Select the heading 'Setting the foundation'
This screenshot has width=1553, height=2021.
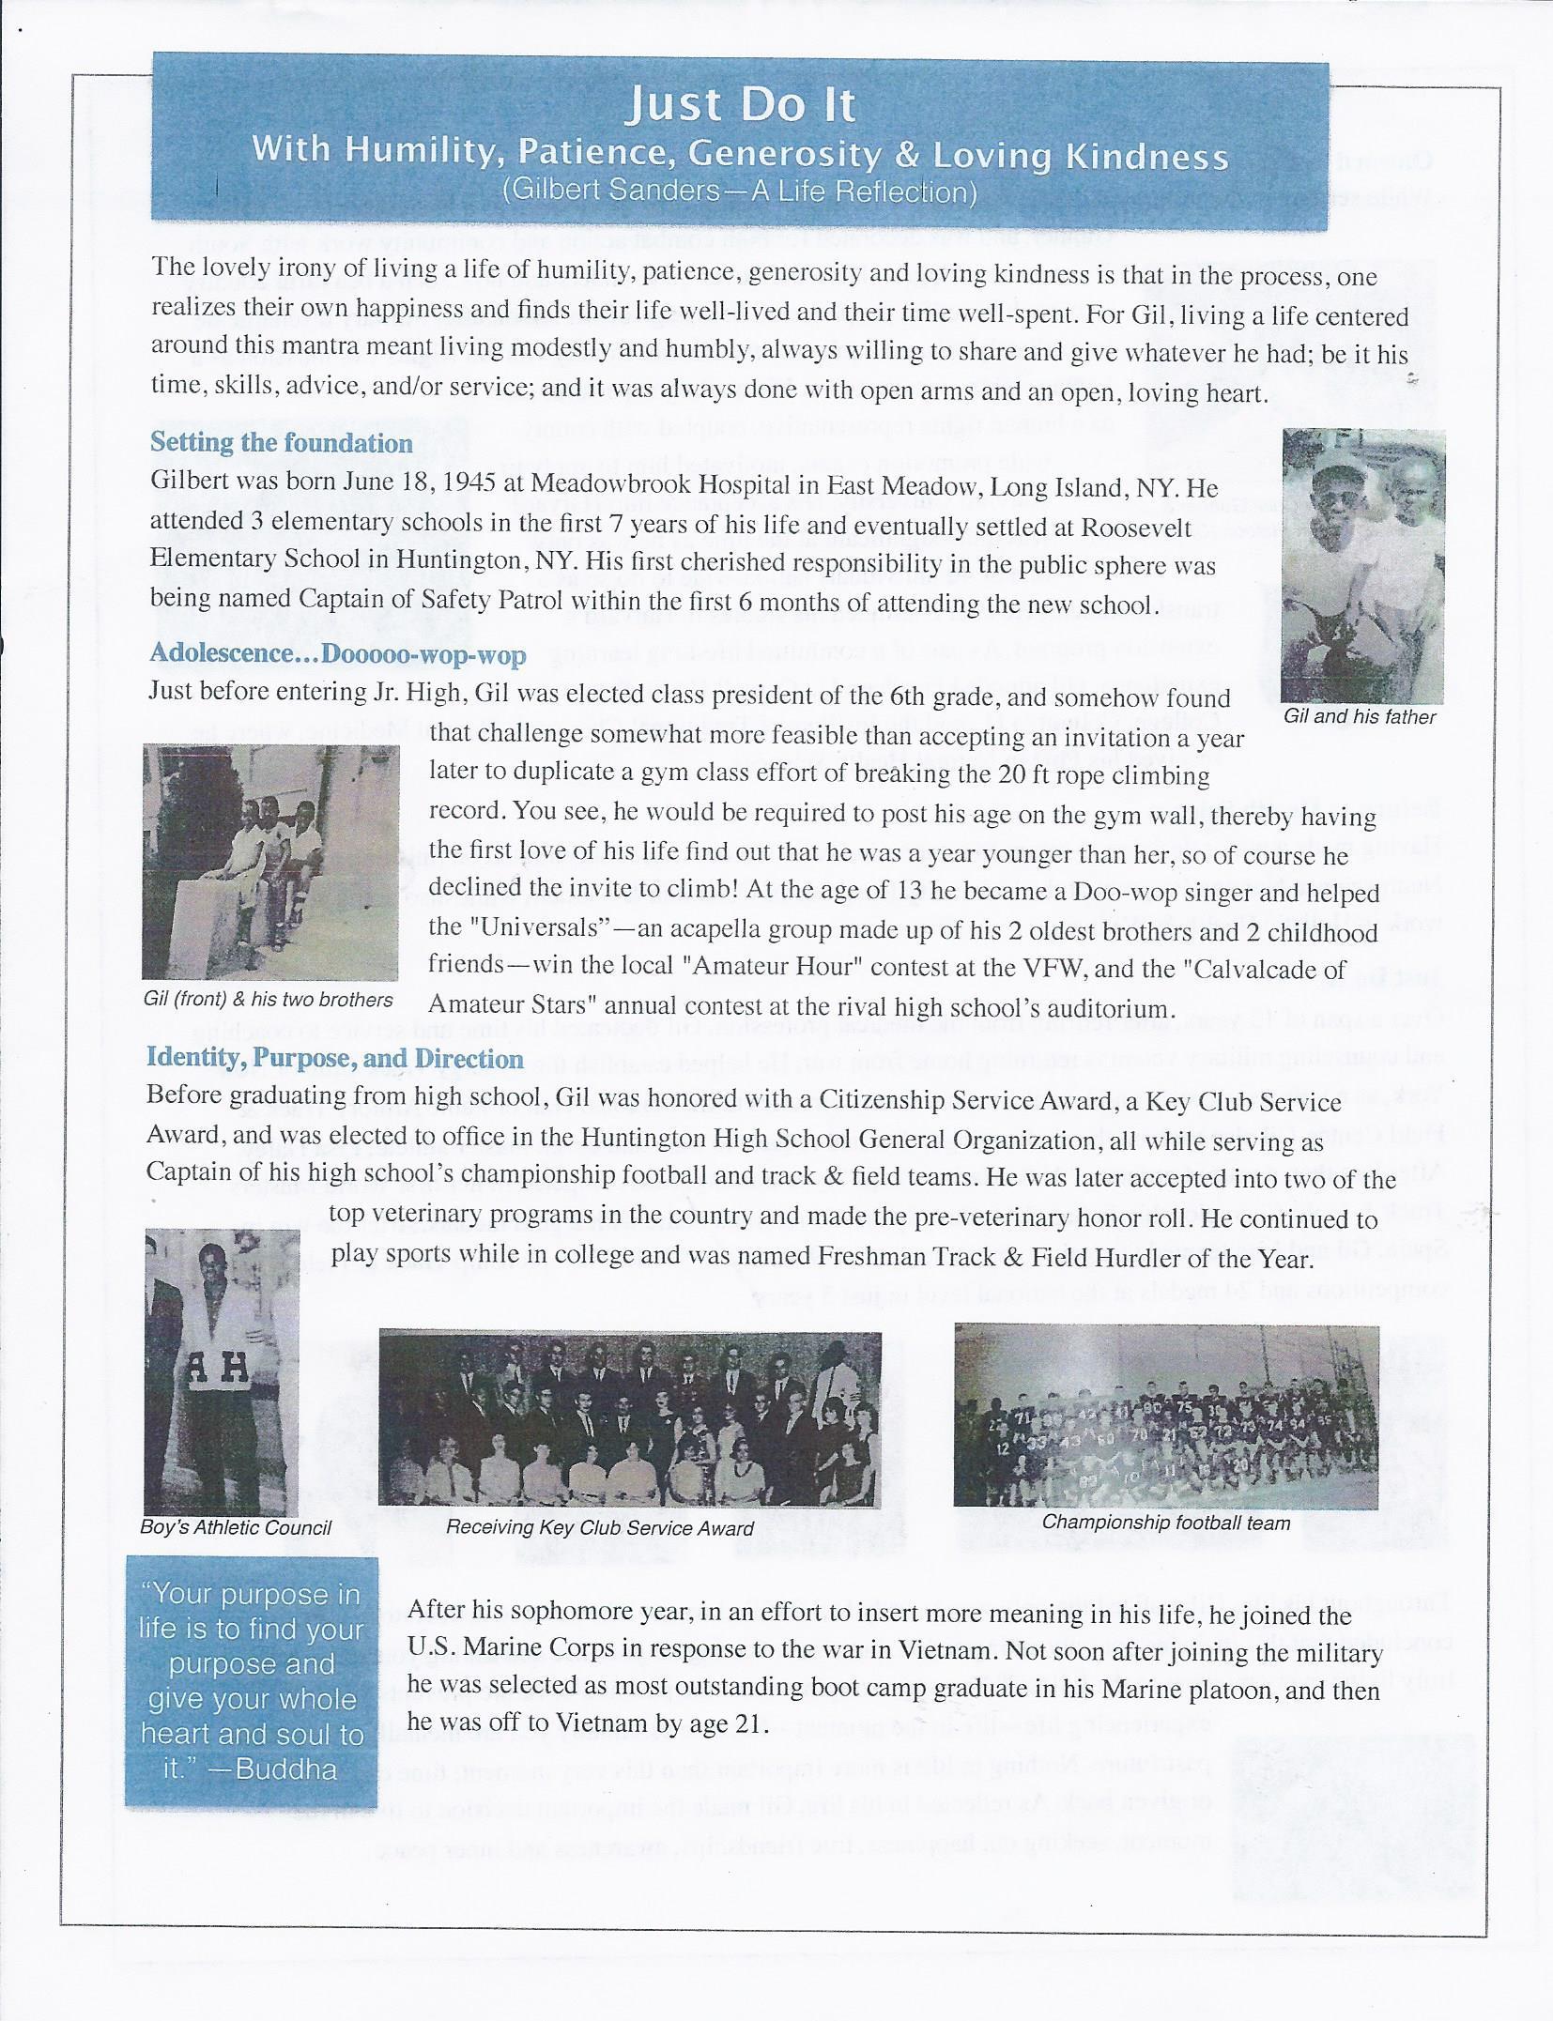[281, 442]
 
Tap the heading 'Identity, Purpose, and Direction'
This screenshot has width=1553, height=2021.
[334, 1058]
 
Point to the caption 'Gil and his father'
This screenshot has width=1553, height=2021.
[1360, 716]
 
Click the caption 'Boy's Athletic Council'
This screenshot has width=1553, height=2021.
[236, 1527]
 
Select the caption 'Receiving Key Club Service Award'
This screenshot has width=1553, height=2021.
[599, 1528]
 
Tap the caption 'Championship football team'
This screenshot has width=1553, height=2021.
[1166, 1522]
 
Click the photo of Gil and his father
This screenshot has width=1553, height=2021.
[1363, 565]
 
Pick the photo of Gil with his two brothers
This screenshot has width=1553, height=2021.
[270, 861]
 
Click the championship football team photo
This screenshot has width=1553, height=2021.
[1166, 1415]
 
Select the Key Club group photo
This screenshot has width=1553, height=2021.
[630, 1417]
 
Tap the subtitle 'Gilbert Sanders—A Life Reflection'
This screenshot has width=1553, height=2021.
[740, 192]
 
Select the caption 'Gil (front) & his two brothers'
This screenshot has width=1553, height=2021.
[269, 1000]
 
